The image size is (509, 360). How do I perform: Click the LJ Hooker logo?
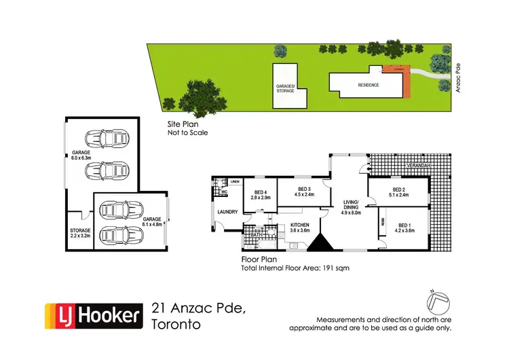[x=93, y=315]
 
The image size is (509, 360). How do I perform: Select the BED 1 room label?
[x=406, y=228]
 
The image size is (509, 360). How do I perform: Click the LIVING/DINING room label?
[x=352, y=204]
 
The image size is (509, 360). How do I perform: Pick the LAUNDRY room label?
[x=227, y=212]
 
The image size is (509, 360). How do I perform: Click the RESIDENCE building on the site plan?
[x=369, y=86]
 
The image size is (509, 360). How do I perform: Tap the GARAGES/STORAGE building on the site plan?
[x=285, y=88]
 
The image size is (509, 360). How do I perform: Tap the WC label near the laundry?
[x=223, y=193]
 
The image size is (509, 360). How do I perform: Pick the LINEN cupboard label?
[x=235, y=182]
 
